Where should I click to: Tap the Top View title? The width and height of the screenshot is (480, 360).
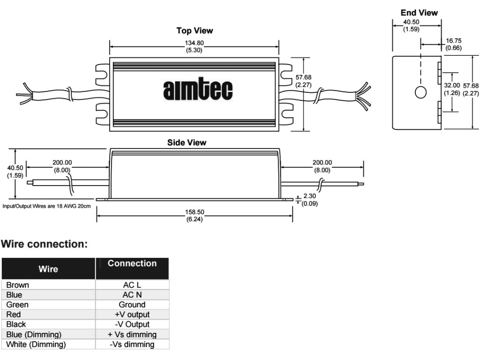195,30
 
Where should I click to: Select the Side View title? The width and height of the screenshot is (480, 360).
187,142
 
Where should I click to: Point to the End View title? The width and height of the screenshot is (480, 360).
419,13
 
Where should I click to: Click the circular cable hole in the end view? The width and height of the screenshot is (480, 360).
420,92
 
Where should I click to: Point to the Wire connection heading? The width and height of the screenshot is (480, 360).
45,244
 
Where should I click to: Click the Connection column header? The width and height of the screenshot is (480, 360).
132,263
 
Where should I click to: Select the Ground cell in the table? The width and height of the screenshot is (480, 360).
132,305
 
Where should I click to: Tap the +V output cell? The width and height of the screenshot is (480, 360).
132,315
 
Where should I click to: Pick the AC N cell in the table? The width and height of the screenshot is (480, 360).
132,295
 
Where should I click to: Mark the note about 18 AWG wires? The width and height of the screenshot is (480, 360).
46,206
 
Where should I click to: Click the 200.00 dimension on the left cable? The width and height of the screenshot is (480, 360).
62,166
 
